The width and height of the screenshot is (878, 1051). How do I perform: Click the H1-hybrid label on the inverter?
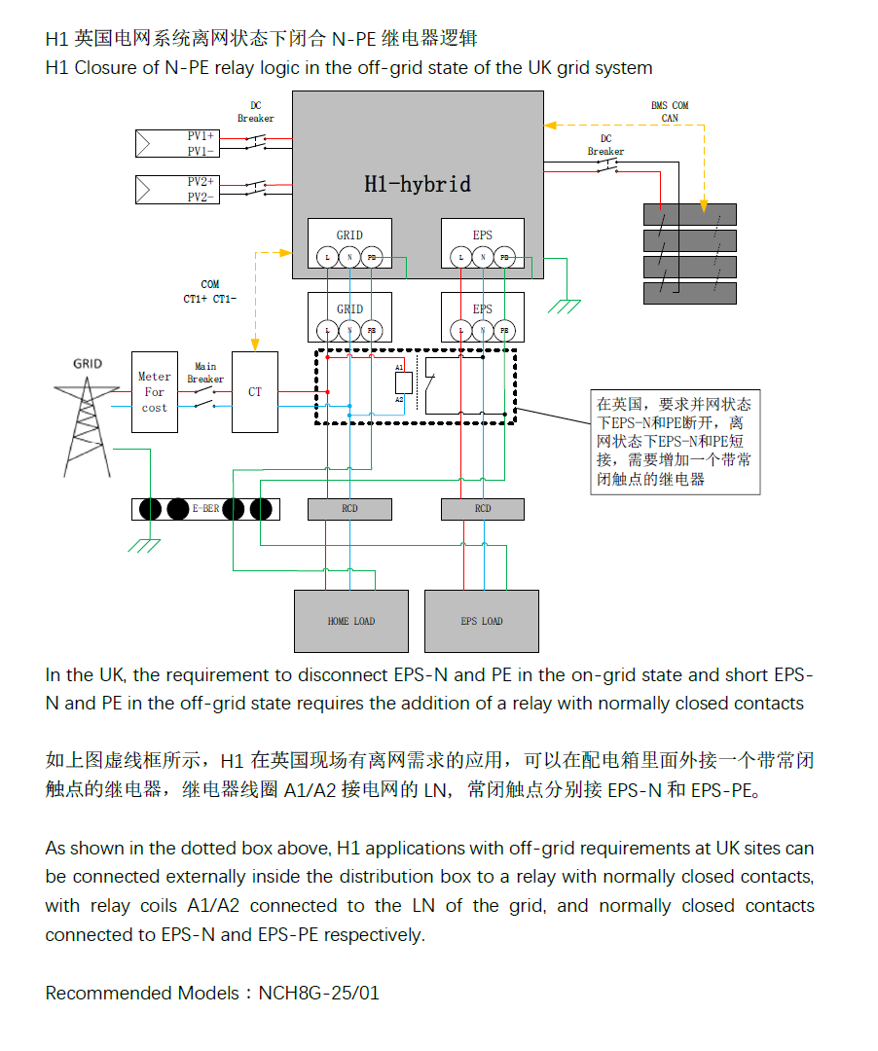tap(418, 184)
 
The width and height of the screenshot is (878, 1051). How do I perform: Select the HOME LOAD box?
tap(350, 621)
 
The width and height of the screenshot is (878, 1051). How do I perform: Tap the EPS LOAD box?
tap(482, 621)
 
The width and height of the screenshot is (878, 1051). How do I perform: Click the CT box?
tap(255, 392)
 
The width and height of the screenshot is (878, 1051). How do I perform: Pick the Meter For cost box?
tap(155, 392)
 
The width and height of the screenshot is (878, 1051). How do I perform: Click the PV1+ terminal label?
tap(201, 136)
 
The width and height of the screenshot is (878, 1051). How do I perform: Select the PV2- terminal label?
tap(201, 197)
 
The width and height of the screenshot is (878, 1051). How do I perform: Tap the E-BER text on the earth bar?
tap(205, 509)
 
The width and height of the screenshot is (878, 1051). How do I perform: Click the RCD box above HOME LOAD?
tap(349, 509)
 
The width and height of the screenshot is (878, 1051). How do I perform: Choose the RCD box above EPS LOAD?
tap(483, 509)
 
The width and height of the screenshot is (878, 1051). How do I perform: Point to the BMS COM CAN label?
tap(670, 111)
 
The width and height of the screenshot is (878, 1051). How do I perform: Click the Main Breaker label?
tap(205, 373)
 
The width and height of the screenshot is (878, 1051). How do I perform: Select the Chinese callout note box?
tap(676, 442)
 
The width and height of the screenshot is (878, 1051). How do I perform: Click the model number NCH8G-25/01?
tap(318, 994)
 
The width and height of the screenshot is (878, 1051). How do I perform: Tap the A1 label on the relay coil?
tap(399, 367)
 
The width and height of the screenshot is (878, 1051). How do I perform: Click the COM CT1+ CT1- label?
tap(209, 291)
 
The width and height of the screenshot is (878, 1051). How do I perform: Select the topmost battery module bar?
tap(690, 215)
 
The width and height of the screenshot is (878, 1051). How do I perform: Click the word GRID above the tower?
tap(88, 363)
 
